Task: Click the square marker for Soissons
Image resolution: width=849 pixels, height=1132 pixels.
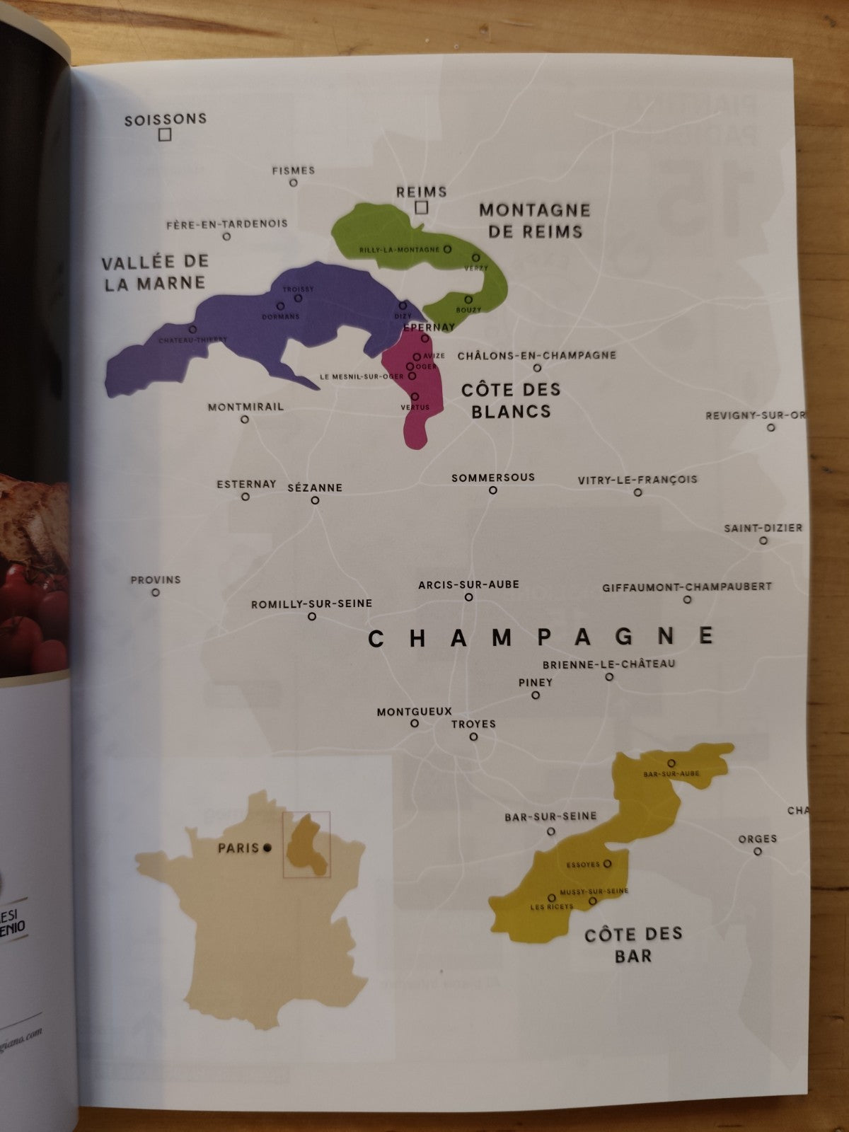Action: click(x=165, y=134)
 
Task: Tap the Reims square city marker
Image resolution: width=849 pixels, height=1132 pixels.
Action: click(x=422, y=207)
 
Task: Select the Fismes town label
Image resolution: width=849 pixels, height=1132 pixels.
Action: click(x=294, y=171)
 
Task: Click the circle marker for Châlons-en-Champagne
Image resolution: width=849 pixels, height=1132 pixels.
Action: click(x=537, y=368)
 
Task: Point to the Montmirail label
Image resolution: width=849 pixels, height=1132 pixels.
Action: click(x=246, y=407)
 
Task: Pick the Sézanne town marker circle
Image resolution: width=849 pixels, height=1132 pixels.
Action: click(x=315, y=500)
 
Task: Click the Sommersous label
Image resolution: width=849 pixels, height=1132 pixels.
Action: click(x=493, y=478)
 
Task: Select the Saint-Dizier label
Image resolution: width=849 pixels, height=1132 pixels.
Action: click(x=763, y=528)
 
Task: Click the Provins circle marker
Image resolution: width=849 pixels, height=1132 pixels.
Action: click(x=156, y=593)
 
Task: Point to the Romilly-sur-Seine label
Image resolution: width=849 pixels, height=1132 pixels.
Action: click(x=311, y=604)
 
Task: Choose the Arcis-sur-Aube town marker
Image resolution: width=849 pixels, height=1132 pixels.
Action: click(x=468, y=597)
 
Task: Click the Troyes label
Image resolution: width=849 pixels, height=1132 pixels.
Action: click(x=473, y=724)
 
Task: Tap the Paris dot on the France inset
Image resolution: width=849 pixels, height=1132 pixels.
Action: click(x=267, y=847)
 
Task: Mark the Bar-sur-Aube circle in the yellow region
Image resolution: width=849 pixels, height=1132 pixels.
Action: click(x=671, y=763)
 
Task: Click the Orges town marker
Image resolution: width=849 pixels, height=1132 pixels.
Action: click(x=758, y=852)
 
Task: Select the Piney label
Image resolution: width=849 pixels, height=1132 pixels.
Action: click(x=536, y=683)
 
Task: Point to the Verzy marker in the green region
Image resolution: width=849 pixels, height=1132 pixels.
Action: click(x=476, y=258)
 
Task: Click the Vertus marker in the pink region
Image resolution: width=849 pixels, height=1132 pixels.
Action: click(x=415, y=397)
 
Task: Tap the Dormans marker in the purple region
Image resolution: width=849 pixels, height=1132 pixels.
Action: click(x=280, y=306)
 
